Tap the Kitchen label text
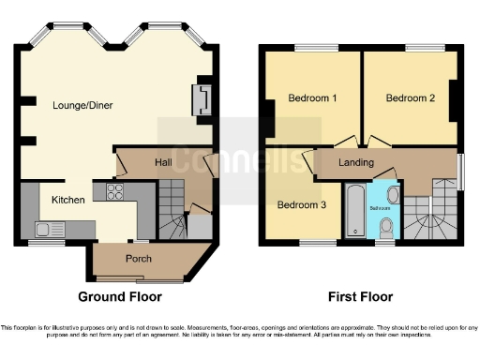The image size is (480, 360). pos(68,200)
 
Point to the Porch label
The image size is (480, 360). pos(139,259)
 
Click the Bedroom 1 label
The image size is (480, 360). pos(312,98)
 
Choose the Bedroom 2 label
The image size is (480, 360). pos(410,98)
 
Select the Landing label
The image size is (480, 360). pos(357,163)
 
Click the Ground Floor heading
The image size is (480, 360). pos(119,297)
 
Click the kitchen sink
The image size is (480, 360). pos(47,228)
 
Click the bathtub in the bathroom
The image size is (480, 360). pos(355,212)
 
